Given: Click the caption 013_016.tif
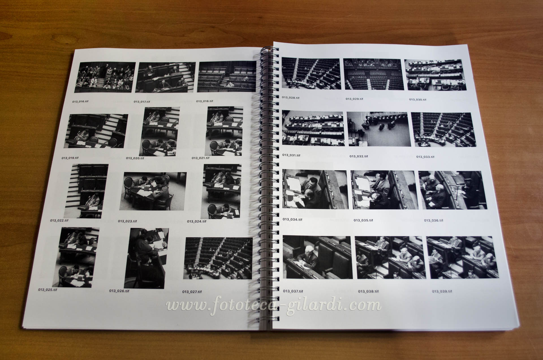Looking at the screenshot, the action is (80, 101).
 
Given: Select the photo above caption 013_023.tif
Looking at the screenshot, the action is (153, 191).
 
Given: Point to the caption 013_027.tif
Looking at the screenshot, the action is (192, 292).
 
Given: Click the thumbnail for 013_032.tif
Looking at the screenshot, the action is (378, 129).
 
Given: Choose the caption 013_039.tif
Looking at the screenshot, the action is (442, 291).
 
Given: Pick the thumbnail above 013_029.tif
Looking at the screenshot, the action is (372, 74).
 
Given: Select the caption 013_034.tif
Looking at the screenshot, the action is (292, 219).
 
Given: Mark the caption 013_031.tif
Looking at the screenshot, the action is (291, 155).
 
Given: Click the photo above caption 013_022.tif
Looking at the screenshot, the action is (86, 191).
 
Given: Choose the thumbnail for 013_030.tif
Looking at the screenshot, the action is (435, 75).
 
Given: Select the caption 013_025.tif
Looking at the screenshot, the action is (48, 290).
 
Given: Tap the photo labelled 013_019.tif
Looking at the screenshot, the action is (96, 131).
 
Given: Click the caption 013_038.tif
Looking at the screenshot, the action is (368, 291).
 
